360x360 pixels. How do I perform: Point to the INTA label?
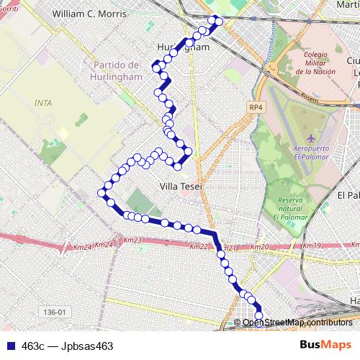point(43,103)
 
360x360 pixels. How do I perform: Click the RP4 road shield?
point(256,107)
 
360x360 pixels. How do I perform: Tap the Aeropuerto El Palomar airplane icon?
point(310,138)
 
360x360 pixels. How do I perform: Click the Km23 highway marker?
point(132,240)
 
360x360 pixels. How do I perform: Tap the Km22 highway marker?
point(199,246)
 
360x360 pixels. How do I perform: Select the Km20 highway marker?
point(260,247)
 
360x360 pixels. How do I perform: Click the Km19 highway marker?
point(311,246)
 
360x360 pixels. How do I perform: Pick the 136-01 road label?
point(53,312)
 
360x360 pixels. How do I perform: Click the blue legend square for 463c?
point(9,346)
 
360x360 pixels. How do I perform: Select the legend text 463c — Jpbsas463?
point(67,346)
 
